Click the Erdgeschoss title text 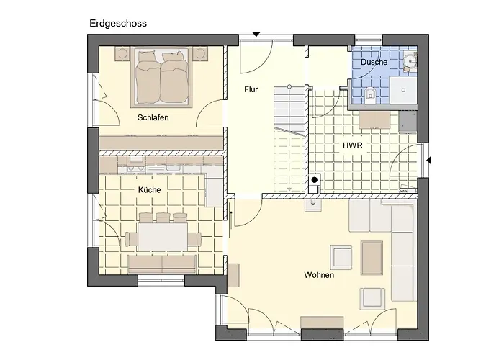click(x=118, y=24)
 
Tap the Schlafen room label click(x=153, y=117)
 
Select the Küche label click(x=150, y=190)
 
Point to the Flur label click(x=251, y=89)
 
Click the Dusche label click(x=374, y=62)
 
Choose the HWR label click(x=353, y=145)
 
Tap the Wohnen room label click(x=319, y=275)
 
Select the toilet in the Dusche click(x=371, y=95)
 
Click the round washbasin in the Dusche click(x=410, y=60)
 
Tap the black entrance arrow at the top click(x=256, y=35)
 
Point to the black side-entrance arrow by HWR click(x=429, y=160)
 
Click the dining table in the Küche click(x=163, y=237)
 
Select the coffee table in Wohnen click(x=372, y=258)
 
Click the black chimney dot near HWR click(x=315, y=180)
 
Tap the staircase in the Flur click(x=289, y=138)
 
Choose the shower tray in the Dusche click(x=403, y=90)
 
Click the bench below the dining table click(x=162, y=264)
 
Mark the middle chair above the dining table click(x=163, y=217)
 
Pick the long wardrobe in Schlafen click(x=161, y=143)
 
